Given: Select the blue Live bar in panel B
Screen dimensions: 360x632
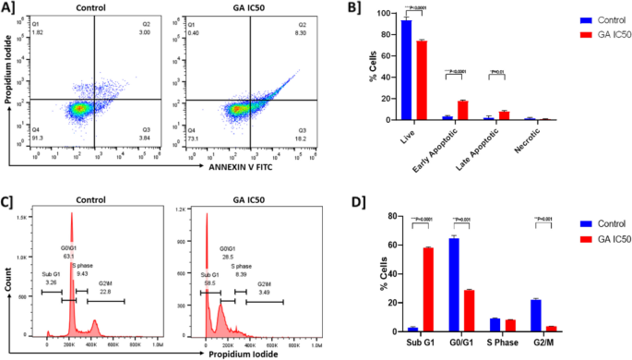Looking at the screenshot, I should (405, 69).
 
